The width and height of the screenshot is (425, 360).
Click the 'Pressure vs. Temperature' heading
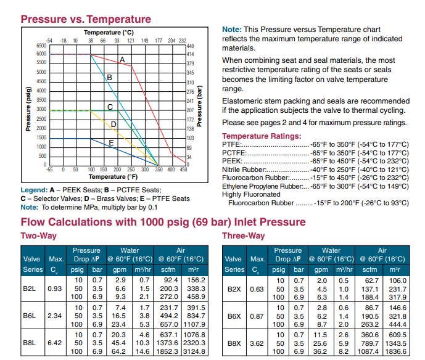[x=86, y=19]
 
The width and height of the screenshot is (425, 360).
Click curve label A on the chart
[x=122, y=59]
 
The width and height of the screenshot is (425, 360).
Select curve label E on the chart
[x=112, y=143]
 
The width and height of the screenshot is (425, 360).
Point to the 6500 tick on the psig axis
[x=41, y=46]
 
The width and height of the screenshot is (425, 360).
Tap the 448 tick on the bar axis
[x=190, y=46]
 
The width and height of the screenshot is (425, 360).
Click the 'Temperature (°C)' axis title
[x=109, y=32]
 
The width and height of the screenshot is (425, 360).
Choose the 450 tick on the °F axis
[x=183, y=169]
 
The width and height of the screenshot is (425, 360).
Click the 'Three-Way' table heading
[x=243, y=236]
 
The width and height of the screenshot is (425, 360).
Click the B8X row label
[x=234, y=343]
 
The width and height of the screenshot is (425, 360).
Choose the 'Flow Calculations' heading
[x=163, y=222]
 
